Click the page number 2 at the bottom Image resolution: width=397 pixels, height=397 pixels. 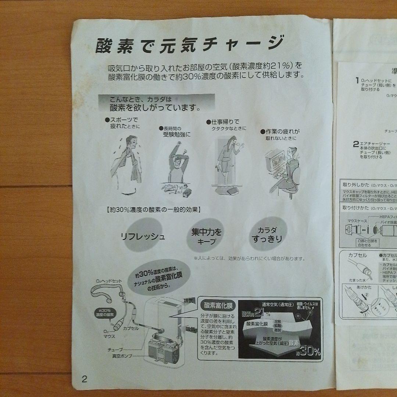(85, 379)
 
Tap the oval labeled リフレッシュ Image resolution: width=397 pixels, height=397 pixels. (143, 236)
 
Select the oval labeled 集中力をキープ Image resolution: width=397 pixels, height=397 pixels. (207, 236)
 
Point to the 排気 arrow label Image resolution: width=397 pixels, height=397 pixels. (189, 300)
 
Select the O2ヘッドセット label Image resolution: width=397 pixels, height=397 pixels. (109, 281)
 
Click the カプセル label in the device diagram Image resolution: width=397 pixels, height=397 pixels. (130, 328)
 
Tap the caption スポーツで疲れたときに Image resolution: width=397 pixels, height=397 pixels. (123, 123)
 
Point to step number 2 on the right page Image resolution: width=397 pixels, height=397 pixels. (355, 144)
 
